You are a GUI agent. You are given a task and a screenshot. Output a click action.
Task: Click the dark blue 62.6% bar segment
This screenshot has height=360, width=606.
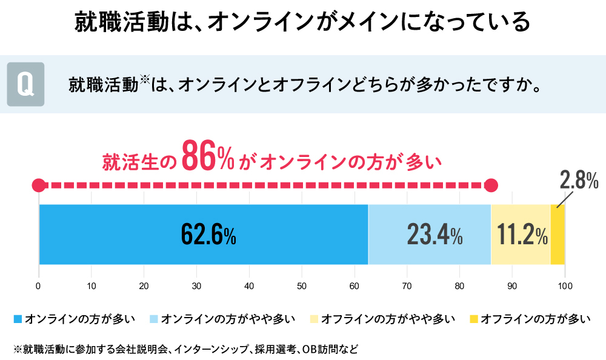click(x=203, y=235)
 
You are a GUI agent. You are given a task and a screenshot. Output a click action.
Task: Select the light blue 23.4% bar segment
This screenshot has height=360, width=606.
click(x=430, y=235)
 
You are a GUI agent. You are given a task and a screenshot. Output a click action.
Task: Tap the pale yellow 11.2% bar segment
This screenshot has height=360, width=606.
click(x=521, y=235)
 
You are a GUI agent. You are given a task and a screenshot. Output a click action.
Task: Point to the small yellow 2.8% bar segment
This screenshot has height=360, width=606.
click(x=558, y=235)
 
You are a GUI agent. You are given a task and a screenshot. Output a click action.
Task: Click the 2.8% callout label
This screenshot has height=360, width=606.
click(x=579, y=180)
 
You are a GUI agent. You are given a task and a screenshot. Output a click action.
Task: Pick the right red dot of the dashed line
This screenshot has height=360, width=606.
click(x=491, y=184)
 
